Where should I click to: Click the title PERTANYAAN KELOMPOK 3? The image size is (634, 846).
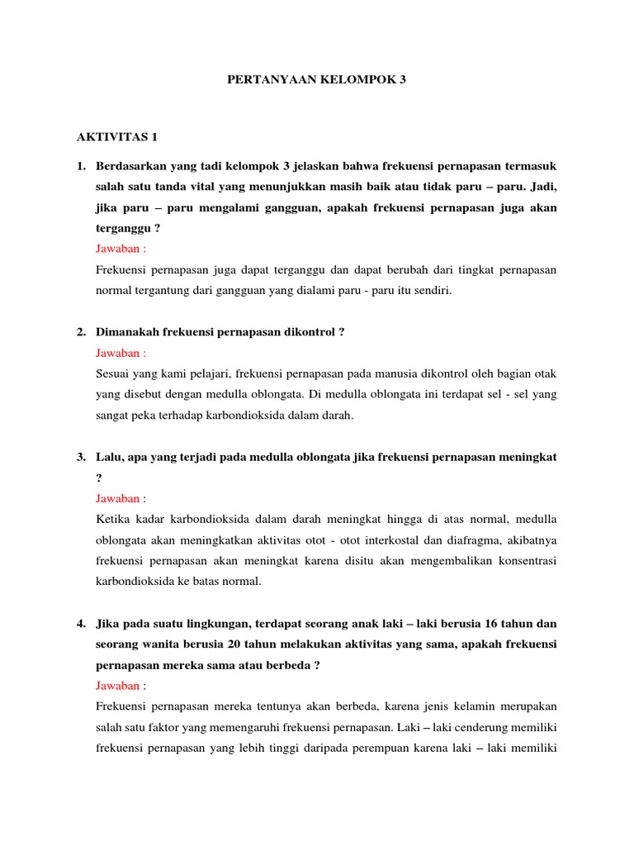click(317, 81)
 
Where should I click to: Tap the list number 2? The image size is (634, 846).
click(81, 331)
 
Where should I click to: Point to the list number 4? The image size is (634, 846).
click(81, 621)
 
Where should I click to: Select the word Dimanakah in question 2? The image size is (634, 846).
click(128, 331)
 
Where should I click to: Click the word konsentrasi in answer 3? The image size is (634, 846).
click(525, 560)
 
